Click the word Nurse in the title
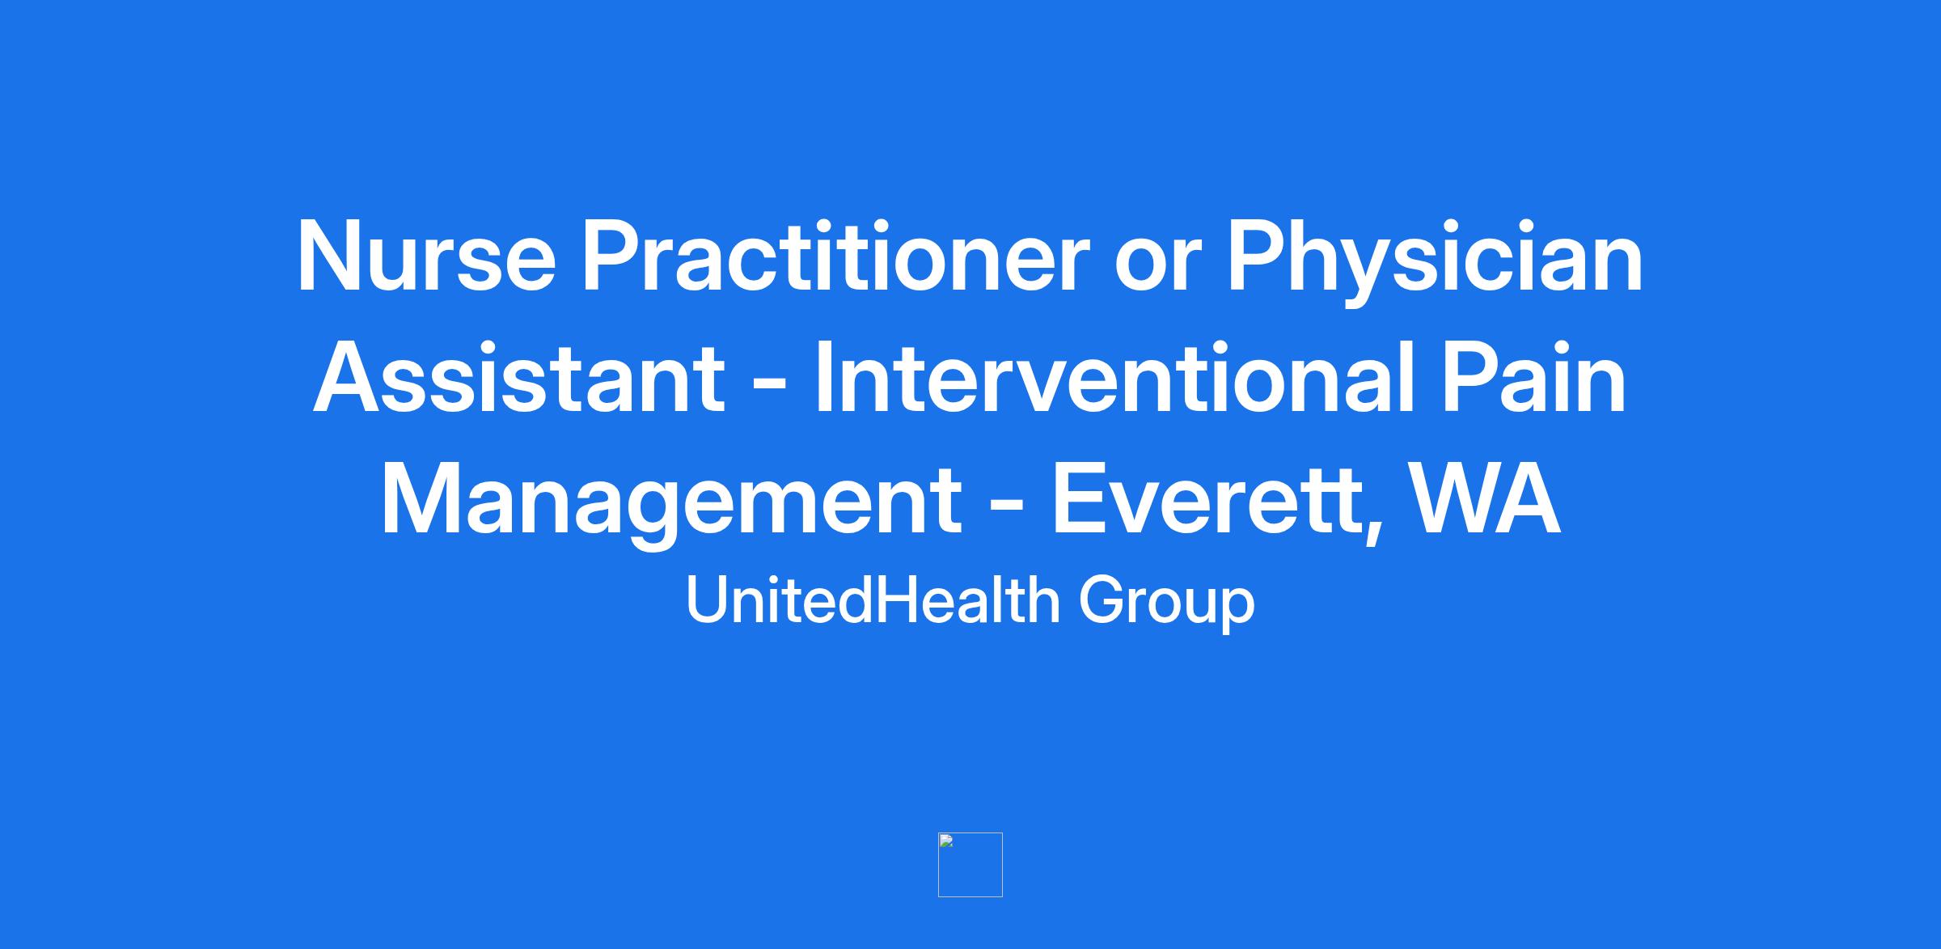(427, 256)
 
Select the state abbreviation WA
(1485, 501)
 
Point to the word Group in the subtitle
(1167, 604)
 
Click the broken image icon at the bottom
(970, 864)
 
